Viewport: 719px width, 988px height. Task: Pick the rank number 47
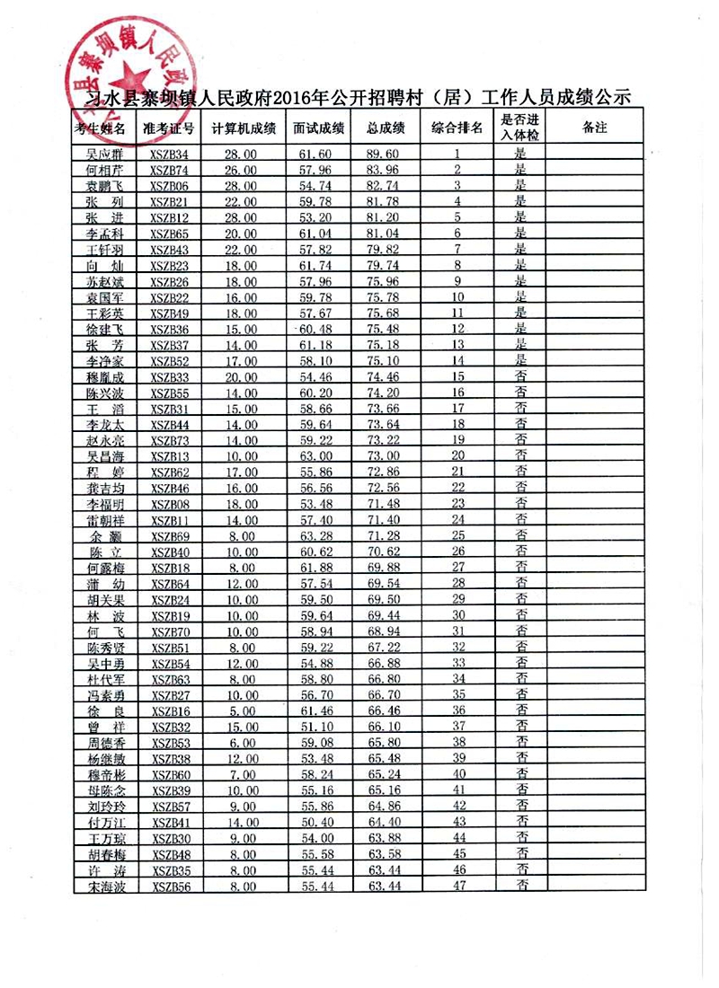(x=458, y=886)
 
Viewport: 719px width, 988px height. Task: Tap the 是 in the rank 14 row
(x=519, y=360)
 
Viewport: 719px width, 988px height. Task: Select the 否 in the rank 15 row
(x=519, y=375)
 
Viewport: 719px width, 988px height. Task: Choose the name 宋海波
(x=104, y=887)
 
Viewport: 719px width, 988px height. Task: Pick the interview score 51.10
(x=314, y=726)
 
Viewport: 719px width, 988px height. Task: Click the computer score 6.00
(x=240, y=742)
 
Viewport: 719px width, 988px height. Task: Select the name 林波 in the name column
(x=104, y=615)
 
